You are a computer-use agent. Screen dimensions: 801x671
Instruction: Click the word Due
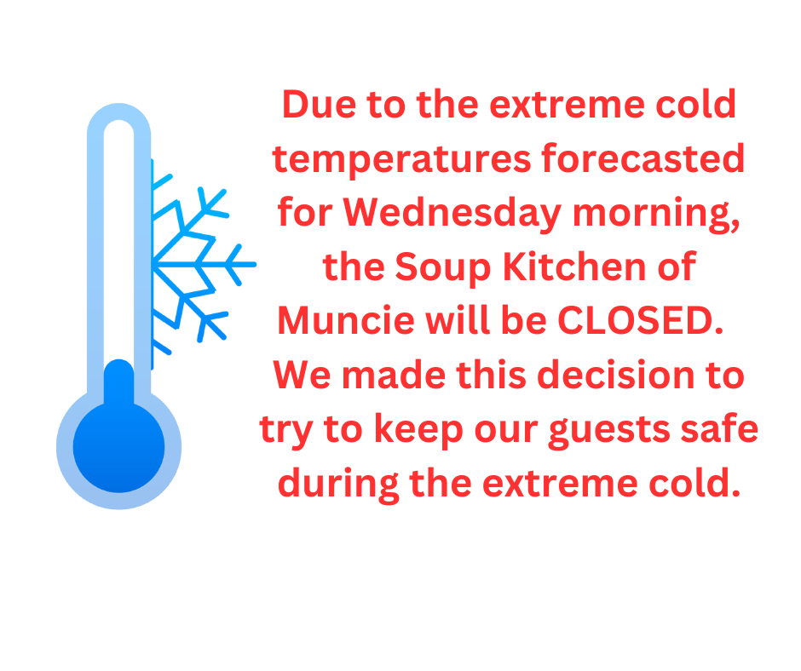[319, 105]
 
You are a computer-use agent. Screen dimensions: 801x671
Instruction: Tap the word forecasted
[643, 158]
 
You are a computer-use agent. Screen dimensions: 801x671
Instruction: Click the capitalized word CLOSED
[641, 321]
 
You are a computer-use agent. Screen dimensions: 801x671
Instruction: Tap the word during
[337, 484]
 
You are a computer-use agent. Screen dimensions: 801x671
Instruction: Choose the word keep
[419, 429]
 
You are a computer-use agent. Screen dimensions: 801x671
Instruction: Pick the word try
[285, 431]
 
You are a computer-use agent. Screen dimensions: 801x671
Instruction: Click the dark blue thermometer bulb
[119, 446]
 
